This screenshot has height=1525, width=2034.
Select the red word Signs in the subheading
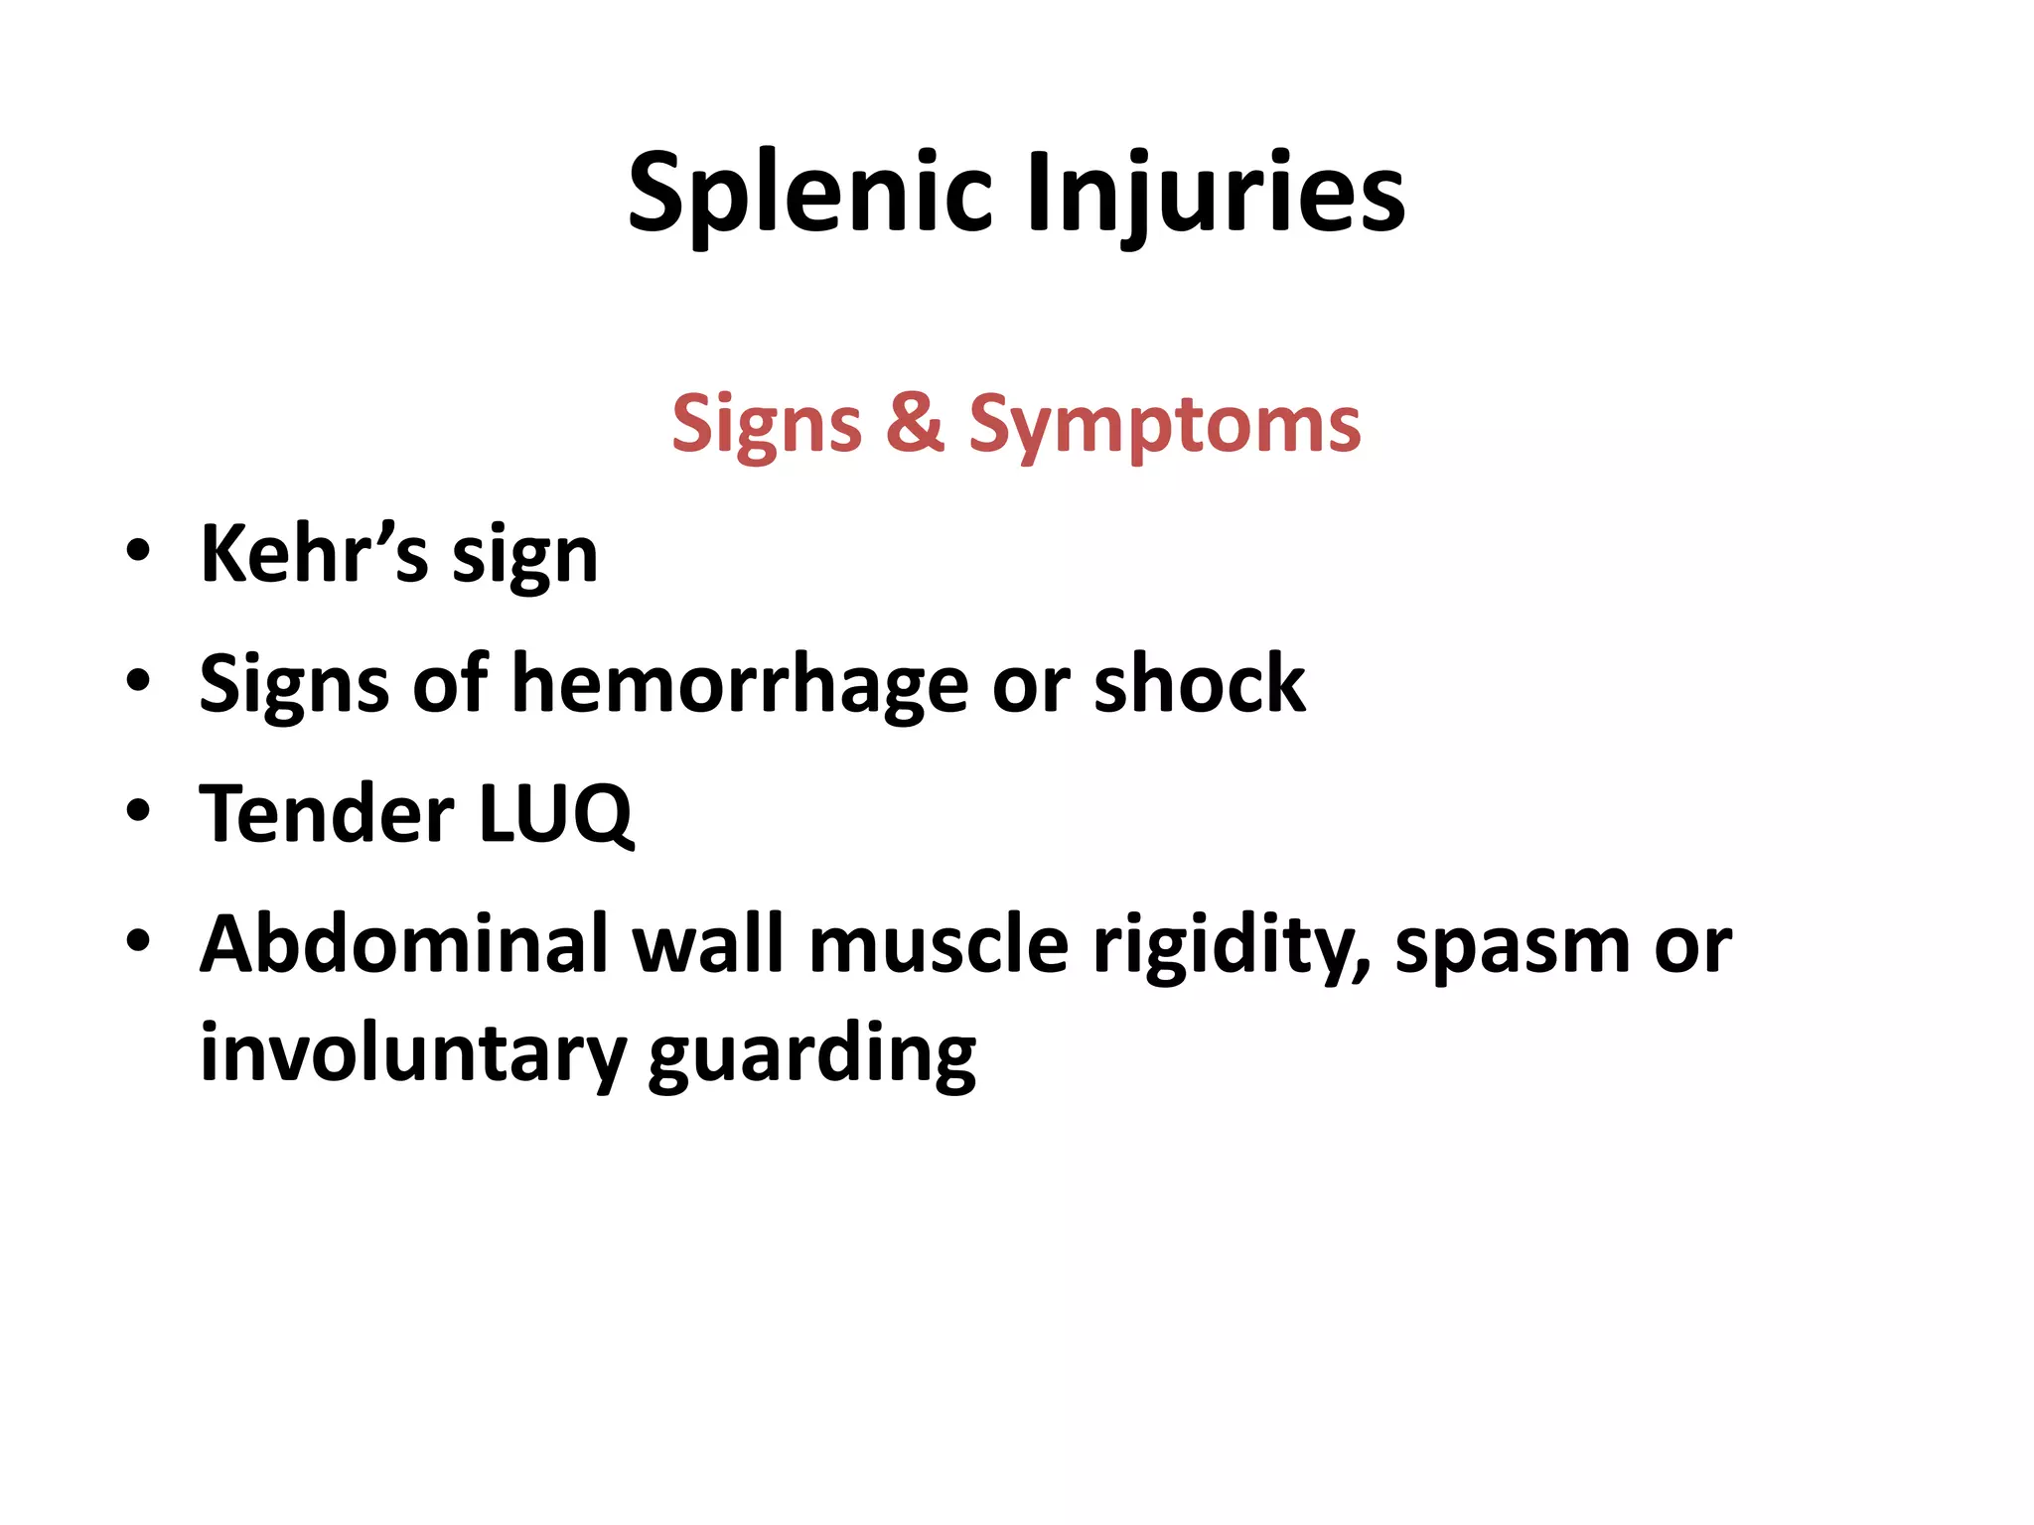click(767, 424)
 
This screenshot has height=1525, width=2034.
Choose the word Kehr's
click(315, 553)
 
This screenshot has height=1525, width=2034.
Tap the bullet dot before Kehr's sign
click(138, 551)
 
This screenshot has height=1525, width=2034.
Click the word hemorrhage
click(740, 684)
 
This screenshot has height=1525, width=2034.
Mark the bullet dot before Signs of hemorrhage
click(138, 681)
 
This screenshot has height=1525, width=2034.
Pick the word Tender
click(327, 813)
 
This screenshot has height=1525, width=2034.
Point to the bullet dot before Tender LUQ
click(138, 811)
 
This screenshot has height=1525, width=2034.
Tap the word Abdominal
click(403, 943)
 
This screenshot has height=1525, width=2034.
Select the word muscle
click(939, 944)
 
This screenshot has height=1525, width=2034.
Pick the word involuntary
click(412, 1054)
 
